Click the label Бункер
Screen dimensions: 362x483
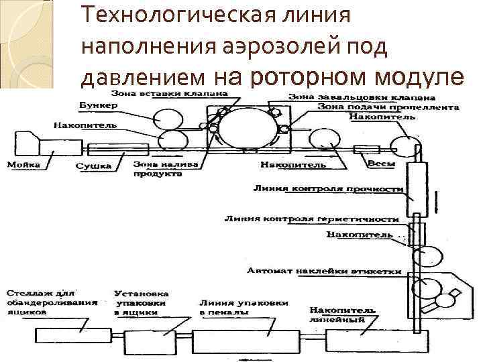pos(98,106)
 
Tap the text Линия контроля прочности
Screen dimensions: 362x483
pos(327,189)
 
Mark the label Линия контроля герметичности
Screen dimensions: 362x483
pos(311,219)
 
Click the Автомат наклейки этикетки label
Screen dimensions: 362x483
pos(323,271)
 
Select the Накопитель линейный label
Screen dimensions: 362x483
pos(337,314)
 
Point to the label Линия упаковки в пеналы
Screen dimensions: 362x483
pos(244,307)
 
